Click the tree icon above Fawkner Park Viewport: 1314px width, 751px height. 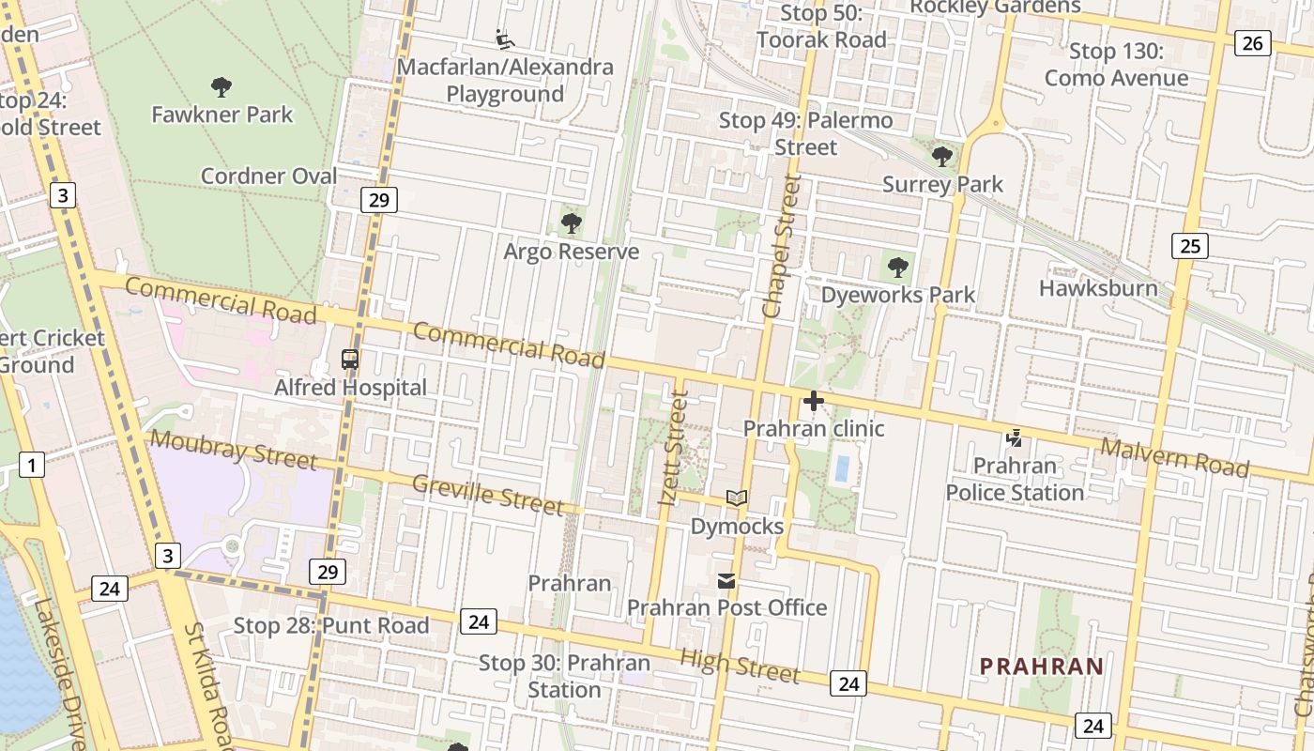[222, 87]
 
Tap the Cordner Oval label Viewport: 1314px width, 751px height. [268, 176]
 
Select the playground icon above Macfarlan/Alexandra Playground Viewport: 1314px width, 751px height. [505, 39]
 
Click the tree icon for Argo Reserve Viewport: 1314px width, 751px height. [571, 223]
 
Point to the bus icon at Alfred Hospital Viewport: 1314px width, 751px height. [350, 359]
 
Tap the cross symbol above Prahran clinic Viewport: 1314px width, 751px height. [814, 401]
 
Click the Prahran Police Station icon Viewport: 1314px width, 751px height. [1014, 437]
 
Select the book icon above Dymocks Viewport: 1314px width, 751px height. [737, 498]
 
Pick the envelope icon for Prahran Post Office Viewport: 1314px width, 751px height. [727, 580]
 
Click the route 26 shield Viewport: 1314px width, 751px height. [1253, 42]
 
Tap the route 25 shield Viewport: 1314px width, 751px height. [1189, 246]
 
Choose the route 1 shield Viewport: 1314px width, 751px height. [32, 464]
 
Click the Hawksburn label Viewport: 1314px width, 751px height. [1098, 287]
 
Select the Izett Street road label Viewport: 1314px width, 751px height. [675, 448]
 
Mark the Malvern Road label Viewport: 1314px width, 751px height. [1174, 458]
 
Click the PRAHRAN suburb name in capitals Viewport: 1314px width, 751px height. [1042, 667]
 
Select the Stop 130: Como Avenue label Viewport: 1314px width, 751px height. [1116, 65]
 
